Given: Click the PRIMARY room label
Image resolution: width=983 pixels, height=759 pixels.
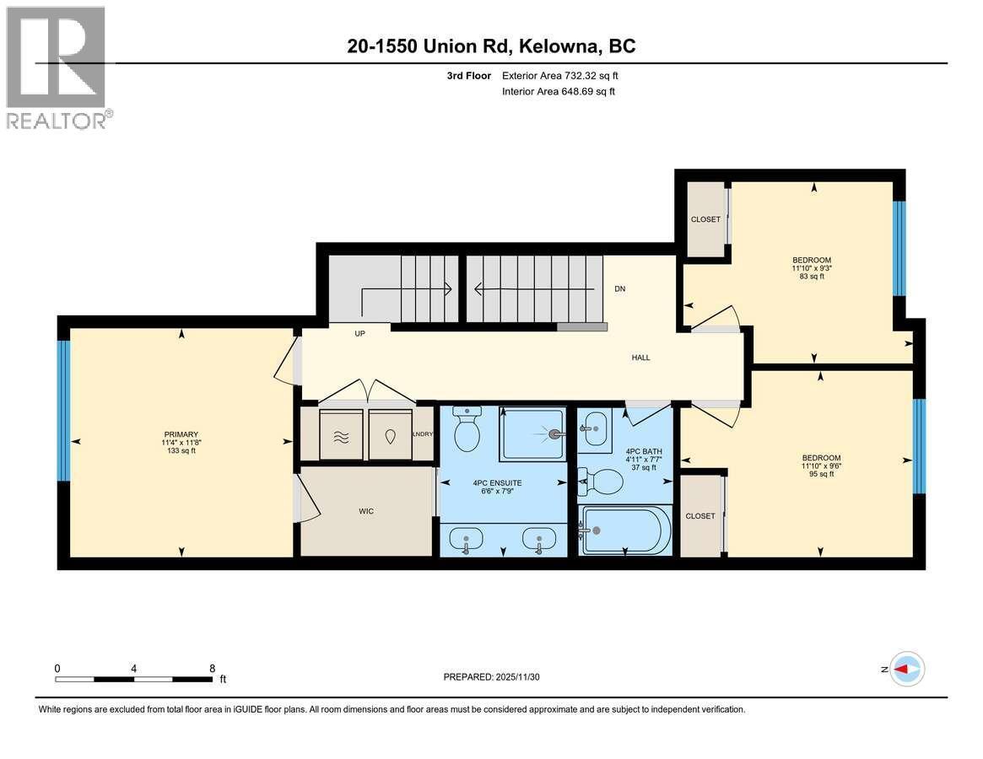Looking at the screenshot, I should (x=181, y=433).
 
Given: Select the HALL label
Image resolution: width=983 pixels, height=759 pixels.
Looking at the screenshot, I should (x=641, y=358).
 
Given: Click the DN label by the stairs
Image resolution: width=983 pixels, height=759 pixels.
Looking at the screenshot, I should (x=620, y=288).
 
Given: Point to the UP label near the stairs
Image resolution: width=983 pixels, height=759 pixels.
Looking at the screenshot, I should (x=359, y=334).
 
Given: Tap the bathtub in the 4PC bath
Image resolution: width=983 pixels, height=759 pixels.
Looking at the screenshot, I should (x=626, y=530).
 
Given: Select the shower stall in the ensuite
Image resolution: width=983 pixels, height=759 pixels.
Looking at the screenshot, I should (x=532, y=433).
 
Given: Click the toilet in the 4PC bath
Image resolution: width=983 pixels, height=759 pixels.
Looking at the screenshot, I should (x=602, y=482).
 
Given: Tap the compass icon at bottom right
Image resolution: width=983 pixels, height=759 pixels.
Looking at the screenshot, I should (x=908, y=669).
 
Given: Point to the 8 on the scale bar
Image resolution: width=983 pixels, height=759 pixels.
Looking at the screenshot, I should (x=212, y=668).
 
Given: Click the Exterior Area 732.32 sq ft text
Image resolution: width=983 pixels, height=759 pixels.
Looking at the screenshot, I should (x=565, y=75).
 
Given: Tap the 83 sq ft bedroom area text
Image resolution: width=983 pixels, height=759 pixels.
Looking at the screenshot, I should (x=812, y=277).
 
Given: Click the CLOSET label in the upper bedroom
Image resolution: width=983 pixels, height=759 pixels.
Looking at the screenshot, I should (x=705, y=219).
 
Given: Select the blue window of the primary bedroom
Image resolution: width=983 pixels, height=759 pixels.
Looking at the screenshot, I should (x=63, y=410).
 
